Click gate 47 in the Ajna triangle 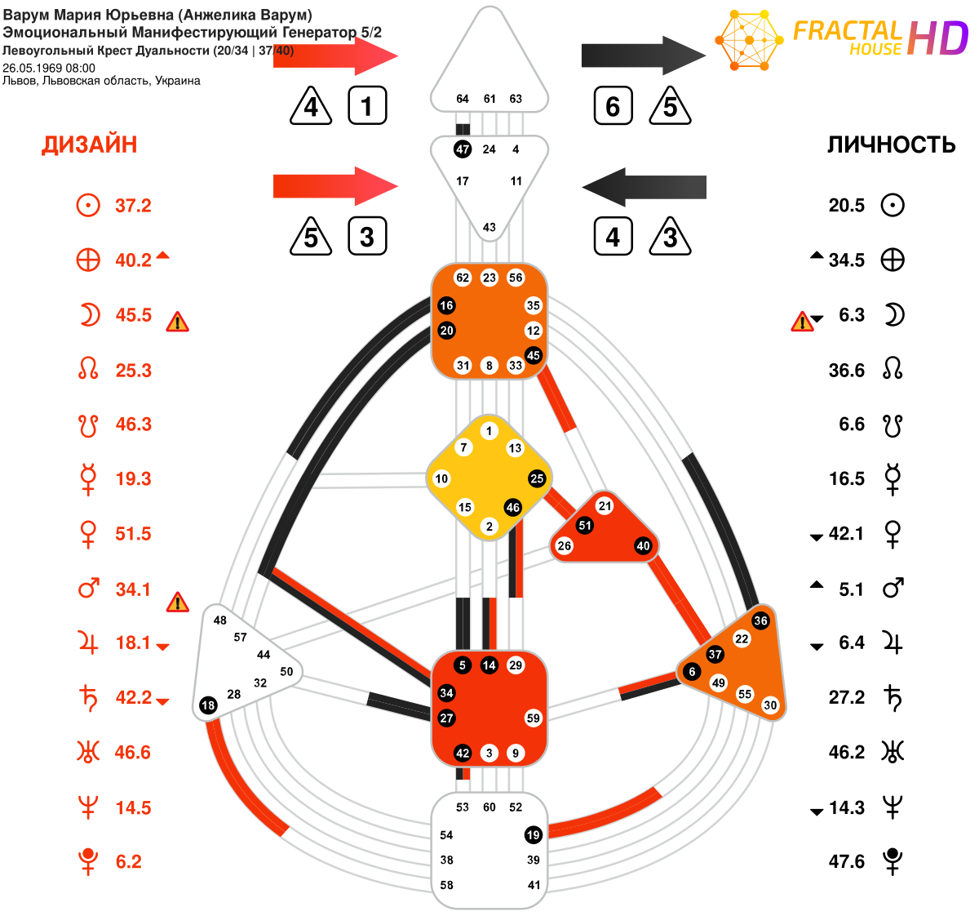tap(462, 149)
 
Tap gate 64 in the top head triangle tap(462, 99)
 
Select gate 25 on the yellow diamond tap(537, 478)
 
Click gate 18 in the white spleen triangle tap(208, 705)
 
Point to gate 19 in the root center tap(533, 835)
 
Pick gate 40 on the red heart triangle tap(643, 546)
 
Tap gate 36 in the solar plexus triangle tap(760, 620)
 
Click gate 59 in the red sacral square tap(533, 718)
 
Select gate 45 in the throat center tap(533, 355)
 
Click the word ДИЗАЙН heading tap(89, 145)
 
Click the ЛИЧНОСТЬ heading tap(891, 145)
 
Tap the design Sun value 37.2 tap(133, 206)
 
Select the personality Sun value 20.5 tap(846, 205)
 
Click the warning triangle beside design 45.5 tap(178, 322)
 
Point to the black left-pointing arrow tap(644, 187)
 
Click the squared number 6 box tap(613, 105)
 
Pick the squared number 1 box tap(367, 105)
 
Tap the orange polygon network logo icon tap(749, 40)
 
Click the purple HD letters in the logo tap(937, 38)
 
